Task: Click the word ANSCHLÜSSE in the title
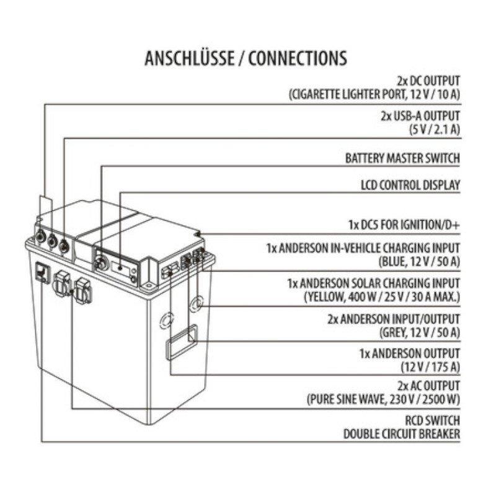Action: (190, 58)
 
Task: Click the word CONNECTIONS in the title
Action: (298, 58)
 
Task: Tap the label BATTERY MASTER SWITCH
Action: (402, 158)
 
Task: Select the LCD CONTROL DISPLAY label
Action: (410, 185)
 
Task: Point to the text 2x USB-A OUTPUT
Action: (420, 116)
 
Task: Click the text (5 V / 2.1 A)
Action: (435, 130)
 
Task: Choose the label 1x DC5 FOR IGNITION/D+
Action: (404, 225)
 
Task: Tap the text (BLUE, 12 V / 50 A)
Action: (419, 262)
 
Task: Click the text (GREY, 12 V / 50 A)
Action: (420, 332)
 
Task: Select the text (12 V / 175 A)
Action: (430, 367)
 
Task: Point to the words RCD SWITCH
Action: (432, 421)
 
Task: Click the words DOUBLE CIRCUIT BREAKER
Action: (402, 434)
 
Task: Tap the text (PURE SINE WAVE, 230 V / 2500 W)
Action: (383, 399)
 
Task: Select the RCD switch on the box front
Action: (42, 272)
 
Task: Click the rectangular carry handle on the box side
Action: (182, 342)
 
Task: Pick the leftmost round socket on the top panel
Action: (40, 236)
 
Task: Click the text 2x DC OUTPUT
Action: (428, 81)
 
